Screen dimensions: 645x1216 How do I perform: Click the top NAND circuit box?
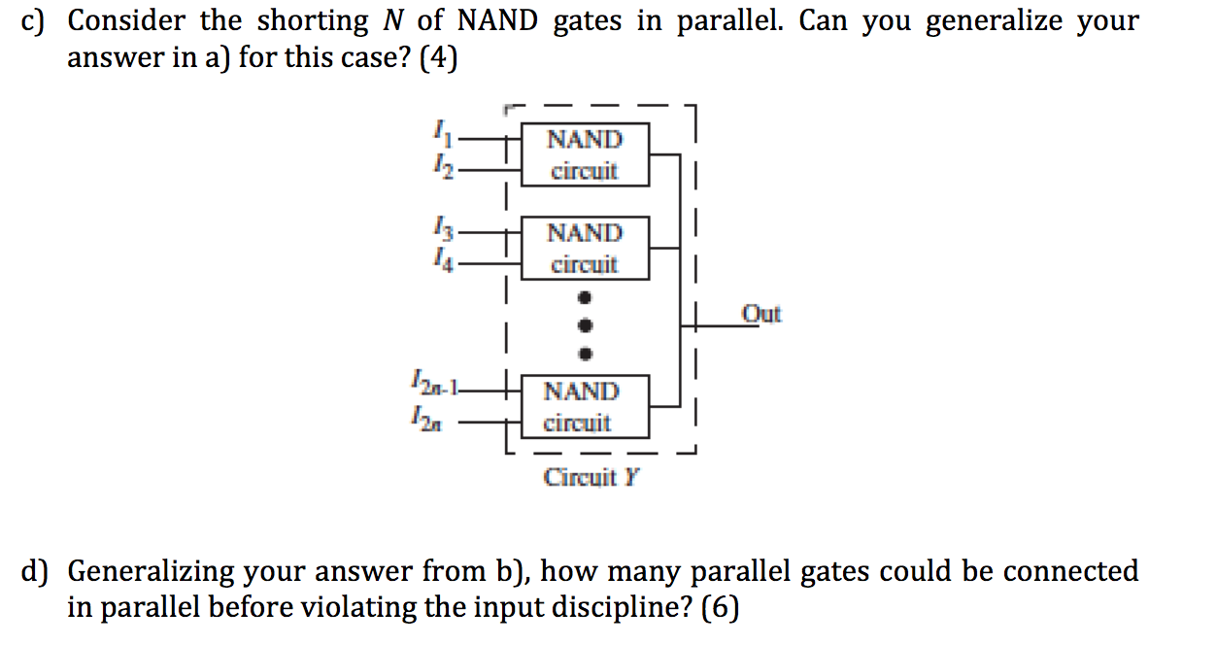[x=585, y=154]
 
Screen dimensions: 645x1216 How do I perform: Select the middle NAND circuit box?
[x=585, y=249]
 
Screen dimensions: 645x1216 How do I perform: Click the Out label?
[x=760, y=314]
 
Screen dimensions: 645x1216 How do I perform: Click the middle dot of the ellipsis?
[x=585, y=323]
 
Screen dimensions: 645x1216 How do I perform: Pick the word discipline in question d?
[x=613, y=608]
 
